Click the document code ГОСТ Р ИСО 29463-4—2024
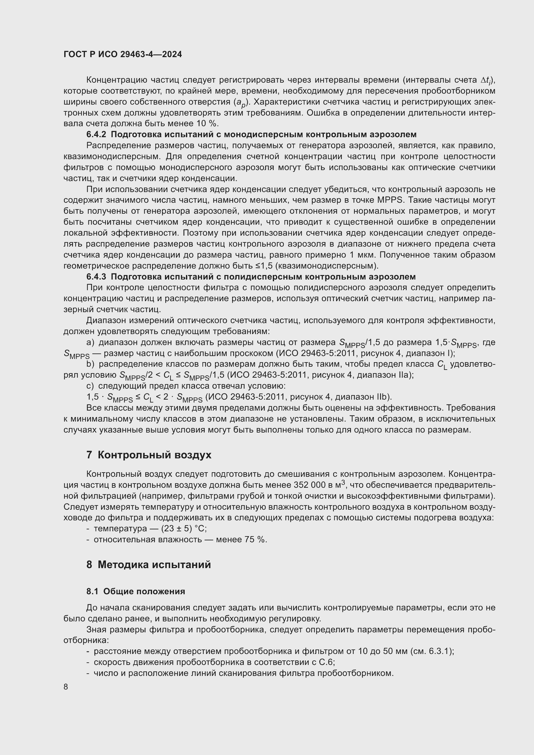point(123,55)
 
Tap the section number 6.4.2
point(96,135)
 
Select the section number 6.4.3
point(96,277)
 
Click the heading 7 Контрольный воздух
point(149,455)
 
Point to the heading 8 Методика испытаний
point(149,565)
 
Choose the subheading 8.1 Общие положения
point(136,591)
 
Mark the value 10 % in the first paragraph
point(209,124)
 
